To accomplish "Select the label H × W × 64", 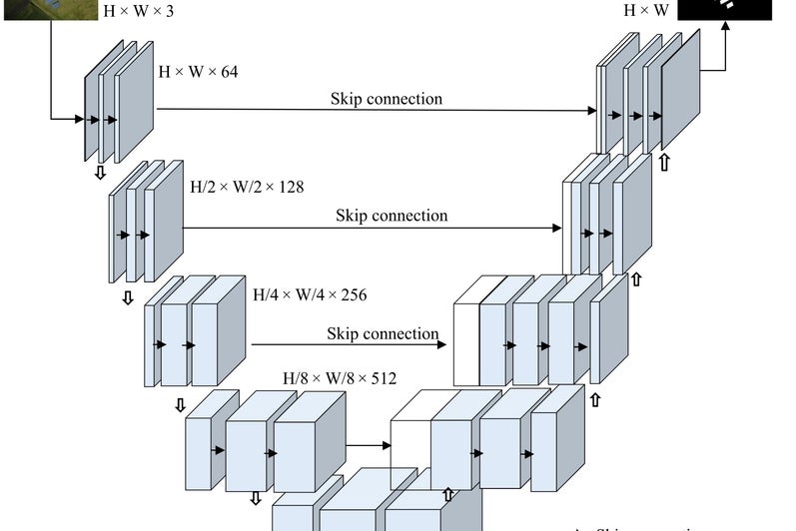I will coord(198,72).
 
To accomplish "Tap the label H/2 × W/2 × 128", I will coord(247,187).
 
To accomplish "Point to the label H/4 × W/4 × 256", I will coord(310,295).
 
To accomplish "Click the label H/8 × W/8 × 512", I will coord(340,378).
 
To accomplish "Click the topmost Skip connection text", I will coord(387,99).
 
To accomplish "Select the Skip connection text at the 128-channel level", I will coord(392,216).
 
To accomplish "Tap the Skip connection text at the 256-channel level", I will coord(383,333).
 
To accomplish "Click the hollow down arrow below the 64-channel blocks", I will coord(100,173).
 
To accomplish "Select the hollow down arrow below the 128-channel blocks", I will coord(128,298).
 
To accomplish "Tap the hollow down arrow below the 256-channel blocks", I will coord(181,405).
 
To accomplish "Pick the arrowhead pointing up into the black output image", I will coord(726,27).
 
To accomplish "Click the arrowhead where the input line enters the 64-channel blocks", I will coord(79,120).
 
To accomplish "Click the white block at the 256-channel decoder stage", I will coord(466,342).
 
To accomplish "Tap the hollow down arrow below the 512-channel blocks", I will coord(256,497).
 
